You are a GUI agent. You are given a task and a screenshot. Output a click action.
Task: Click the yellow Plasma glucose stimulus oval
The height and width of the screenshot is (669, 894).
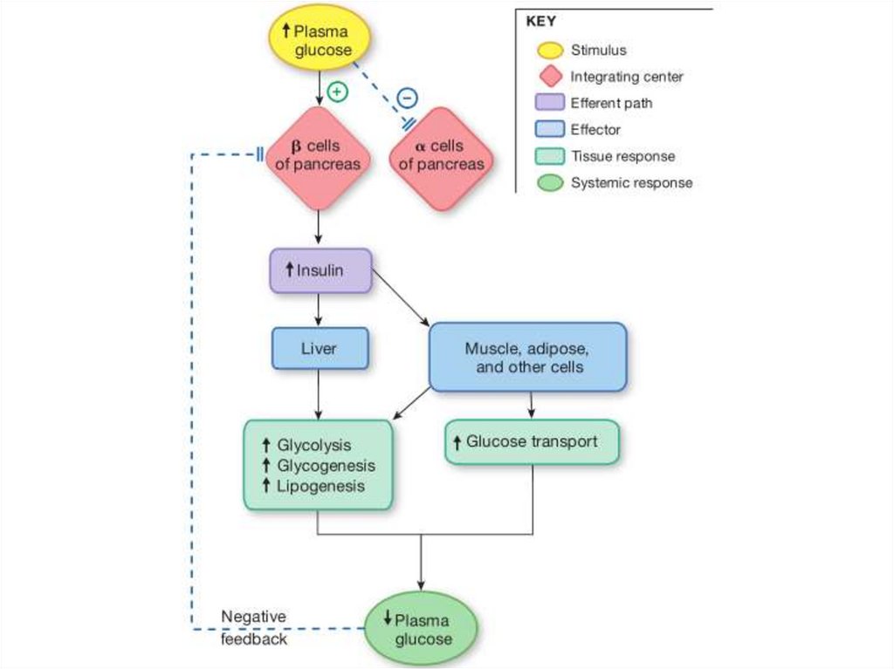[319, 41]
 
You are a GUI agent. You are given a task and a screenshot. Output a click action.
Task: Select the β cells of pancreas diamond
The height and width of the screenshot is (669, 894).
[318, 157]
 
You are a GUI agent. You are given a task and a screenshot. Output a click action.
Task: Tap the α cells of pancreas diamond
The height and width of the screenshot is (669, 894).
[441, 157]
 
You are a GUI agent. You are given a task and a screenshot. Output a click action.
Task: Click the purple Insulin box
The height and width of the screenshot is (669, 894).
[320, 270]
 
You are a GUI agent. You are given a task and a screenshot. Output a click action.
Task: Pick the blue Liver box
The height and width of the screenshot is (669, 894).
[319, 349]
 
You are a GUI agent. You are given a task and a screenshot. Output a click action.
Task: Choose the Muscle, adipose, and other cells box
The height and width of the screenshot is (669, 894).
[527, 358]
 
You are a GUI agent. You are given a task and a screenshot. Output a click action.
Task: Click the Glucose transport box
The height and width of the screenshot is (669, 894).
[532, 441]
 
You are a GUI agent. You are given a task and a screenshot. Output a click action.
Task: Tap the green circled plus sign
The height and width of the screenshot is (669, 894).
[336, 91]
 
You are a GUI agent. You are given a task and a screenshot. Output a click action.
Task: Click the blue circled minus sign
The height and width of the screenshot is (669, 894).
[407, 97]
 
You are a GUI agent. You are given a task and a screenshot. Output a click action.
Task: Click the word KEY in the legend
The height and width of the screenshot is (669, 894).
[540, 22]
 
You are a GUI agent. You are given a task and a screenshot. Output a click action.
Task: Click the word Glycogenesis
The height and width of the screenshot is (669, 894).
[326, 466]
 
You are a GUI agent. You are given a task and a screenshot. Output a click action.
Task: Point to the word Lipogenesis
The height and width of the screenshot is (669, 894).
[320, 486]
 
